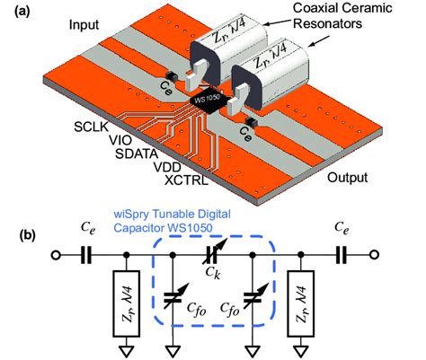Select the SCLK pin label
[x=92, y=127]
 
